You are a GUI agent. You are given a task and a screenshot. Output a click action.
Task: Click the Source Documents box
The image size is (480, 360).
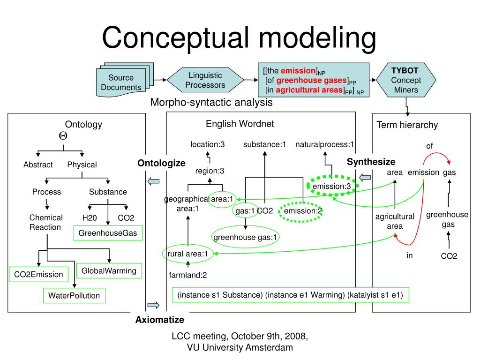pos(121,82)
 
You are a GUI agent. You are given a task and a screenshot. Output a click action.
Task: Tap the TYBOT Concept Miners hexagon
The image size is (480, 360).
pos(406,80)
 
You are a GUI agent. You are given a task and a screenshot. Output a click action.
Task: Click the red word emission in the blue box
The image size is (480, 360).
pos(298,71)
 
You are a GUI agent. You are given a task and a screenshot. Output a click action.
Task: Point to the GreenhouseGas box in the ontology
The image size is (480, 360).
pos(108,233)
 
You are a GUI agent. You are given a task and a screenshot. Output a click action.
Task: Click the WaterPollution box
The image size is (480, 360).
pos(74,295)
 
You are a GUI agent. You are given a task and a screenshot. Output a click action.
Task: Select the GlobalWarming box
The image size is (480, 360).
pos(109,270)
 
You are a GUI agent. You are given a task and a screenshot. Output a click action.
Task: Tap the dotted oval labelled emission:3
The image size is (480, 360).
pos(332,187)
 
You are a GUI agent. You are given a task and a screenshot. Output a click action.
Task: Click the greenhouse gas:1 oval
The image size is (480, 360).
pos(246,237)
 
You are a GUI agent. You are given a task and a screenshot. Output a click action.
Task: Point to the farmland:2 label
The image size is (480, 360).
pos(188,275)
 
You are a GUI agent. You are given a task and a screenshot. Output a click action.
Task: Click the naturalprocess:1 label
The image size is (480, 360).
pos(324,144)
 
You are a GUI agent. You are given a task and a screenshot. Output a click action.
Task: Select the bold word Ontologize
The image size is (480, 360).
pos(161,163)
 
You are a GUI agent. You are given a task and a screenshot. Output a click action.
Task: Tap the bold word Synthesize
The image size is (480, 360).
pos(371,162)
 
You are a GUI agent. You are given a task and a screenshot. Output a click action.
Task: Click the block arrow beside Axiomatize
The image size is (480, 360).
pos(153,306)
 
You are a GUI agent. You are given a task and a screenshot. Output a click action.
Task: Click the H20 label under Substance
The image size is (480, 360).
pos(89,218)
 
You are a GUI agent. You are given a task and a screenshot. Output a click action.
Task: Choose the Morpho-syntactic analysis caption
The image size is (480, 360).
pos(211,103)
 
